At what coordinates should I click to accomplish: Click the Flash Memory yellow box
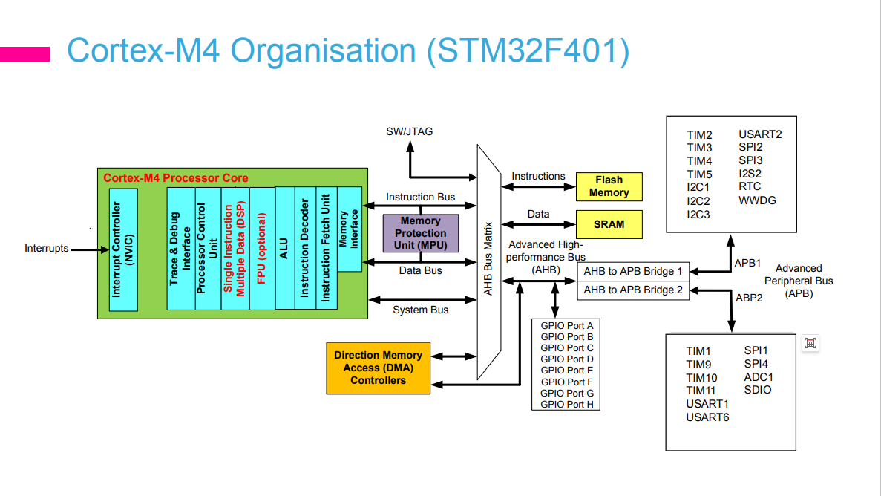(609, 186)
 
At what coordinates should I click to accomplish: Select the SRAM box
(609, 224)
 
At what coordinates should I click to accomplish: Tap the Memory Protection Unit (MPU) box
(420, 233)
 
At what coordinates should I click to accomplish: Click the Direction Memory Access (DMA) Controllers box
(378, 368)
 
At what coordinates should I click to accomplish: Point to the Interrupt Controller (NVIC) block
(123, 249)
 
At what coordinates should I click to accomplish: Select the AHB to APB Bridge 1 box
(632, 271)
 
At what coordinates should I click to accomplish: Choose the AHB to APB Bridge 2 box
(632, 290)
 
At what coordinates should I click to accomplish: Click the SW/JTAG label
(409, 131)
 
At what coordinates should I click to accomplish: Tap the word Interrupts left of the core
(46, 249)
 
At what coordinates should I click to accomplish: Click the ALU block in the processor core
(284, 247)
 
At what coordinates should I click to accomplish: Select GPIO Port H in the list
(566, 404)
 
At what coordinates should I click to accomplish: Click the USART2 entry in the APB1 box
(759, 134)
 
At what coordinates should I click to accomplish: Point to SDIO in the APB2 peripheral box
(757, 390)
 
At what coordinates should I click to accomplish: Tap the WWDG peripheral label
(757, 200)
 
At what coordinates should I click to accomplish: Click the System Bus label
(420, 310)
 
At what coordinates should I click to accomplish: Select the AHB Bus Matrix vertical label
(488, 258)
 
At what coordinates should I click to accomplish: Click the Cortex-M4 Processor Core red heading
(176, 178)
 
